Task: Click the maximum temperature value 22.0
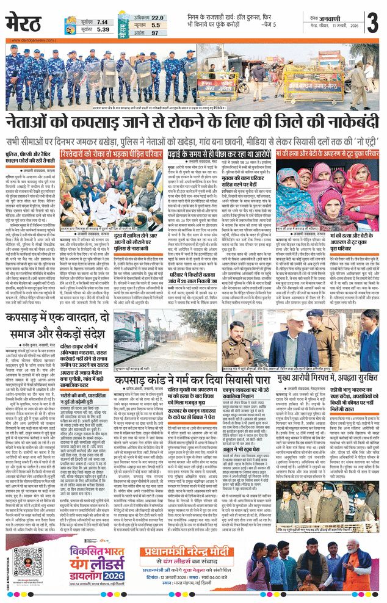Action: (157, 18)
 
